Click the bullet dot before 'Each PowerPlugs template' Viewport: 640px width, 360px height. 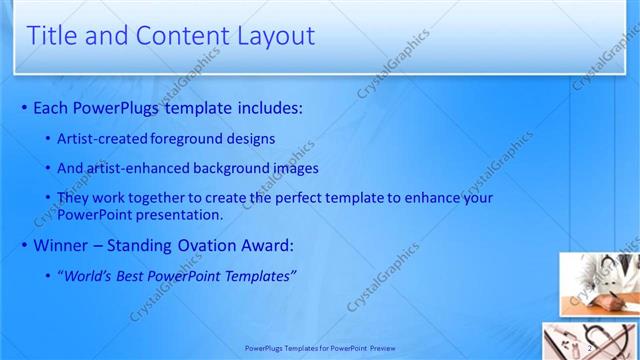click(24, 108)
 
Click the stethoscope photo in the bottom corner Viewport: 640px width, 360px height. click(590, 341)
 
